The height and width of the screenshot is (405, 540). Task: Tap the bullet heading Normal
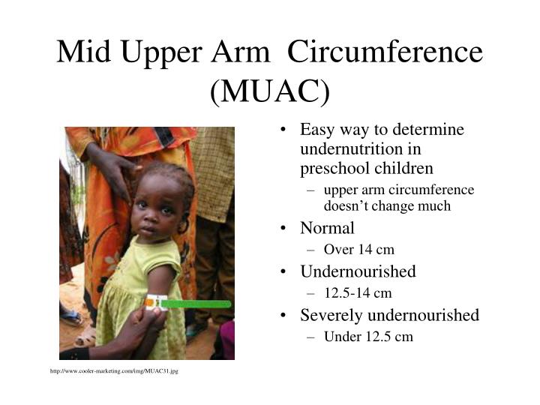[327, 228]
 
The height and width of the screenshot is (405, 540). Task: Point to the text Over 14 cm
[359, 250]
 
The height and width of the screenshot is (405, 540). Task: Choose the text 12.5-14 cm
[358, 293]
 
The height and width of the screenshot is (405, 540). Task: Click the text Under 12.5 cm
[368, 337]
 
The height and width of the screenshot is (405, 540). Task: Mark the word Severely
[330, 315]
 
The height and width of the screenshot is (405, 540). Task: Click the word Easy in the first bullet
[316, 130]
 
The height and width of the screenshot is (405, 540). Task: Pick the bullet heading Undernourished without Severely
[358, 271]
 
